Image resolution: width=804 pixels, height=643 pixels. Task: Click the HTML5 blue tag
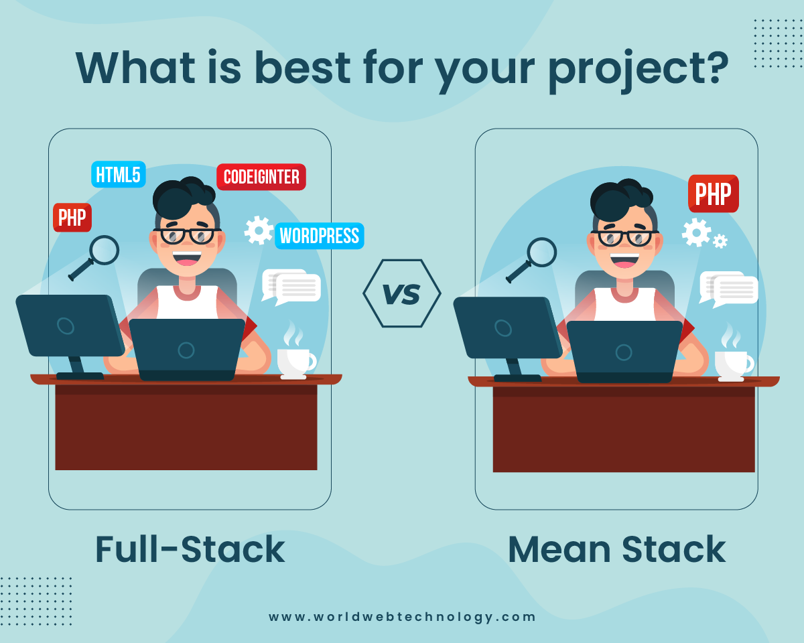point(118,175)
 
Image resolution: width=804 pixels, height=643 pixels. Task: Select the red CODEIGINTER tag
point(261,177)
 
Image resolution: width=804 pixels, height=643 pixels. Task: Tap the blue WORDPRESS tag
point(320,236)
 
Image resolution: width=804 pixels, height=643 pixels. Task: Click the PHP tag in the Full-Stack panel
point(72,218)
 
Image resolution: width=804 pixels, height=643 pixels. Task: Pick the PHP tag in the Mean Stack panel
point(713,194)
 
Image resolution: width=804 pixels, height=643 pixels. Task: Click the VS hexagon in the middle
point(401,293)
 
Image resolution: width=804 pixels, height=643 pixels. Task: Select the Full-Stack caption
point(190,549)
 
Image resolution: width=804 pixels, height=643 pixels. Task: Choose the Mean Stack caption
point(616,549)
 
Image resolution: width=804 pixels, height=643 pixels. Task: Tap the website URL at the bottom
point(402,617)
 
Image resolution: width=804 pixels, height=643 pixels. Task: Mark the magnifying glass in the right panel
point(533,258)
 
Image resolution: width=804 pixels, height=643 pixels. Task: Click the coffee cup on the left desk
point(295,360)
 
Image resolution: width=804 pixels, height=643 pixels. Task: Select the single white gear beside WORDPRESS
point(258,230)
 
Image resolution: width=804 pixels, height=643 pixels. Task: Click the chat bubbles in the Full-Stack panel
point(291,287)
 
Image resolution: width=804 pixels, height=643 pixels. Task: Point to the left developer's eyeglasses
point(187,236)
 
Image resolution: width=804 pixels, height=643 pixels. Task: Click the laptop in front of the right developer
point(624,351)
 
